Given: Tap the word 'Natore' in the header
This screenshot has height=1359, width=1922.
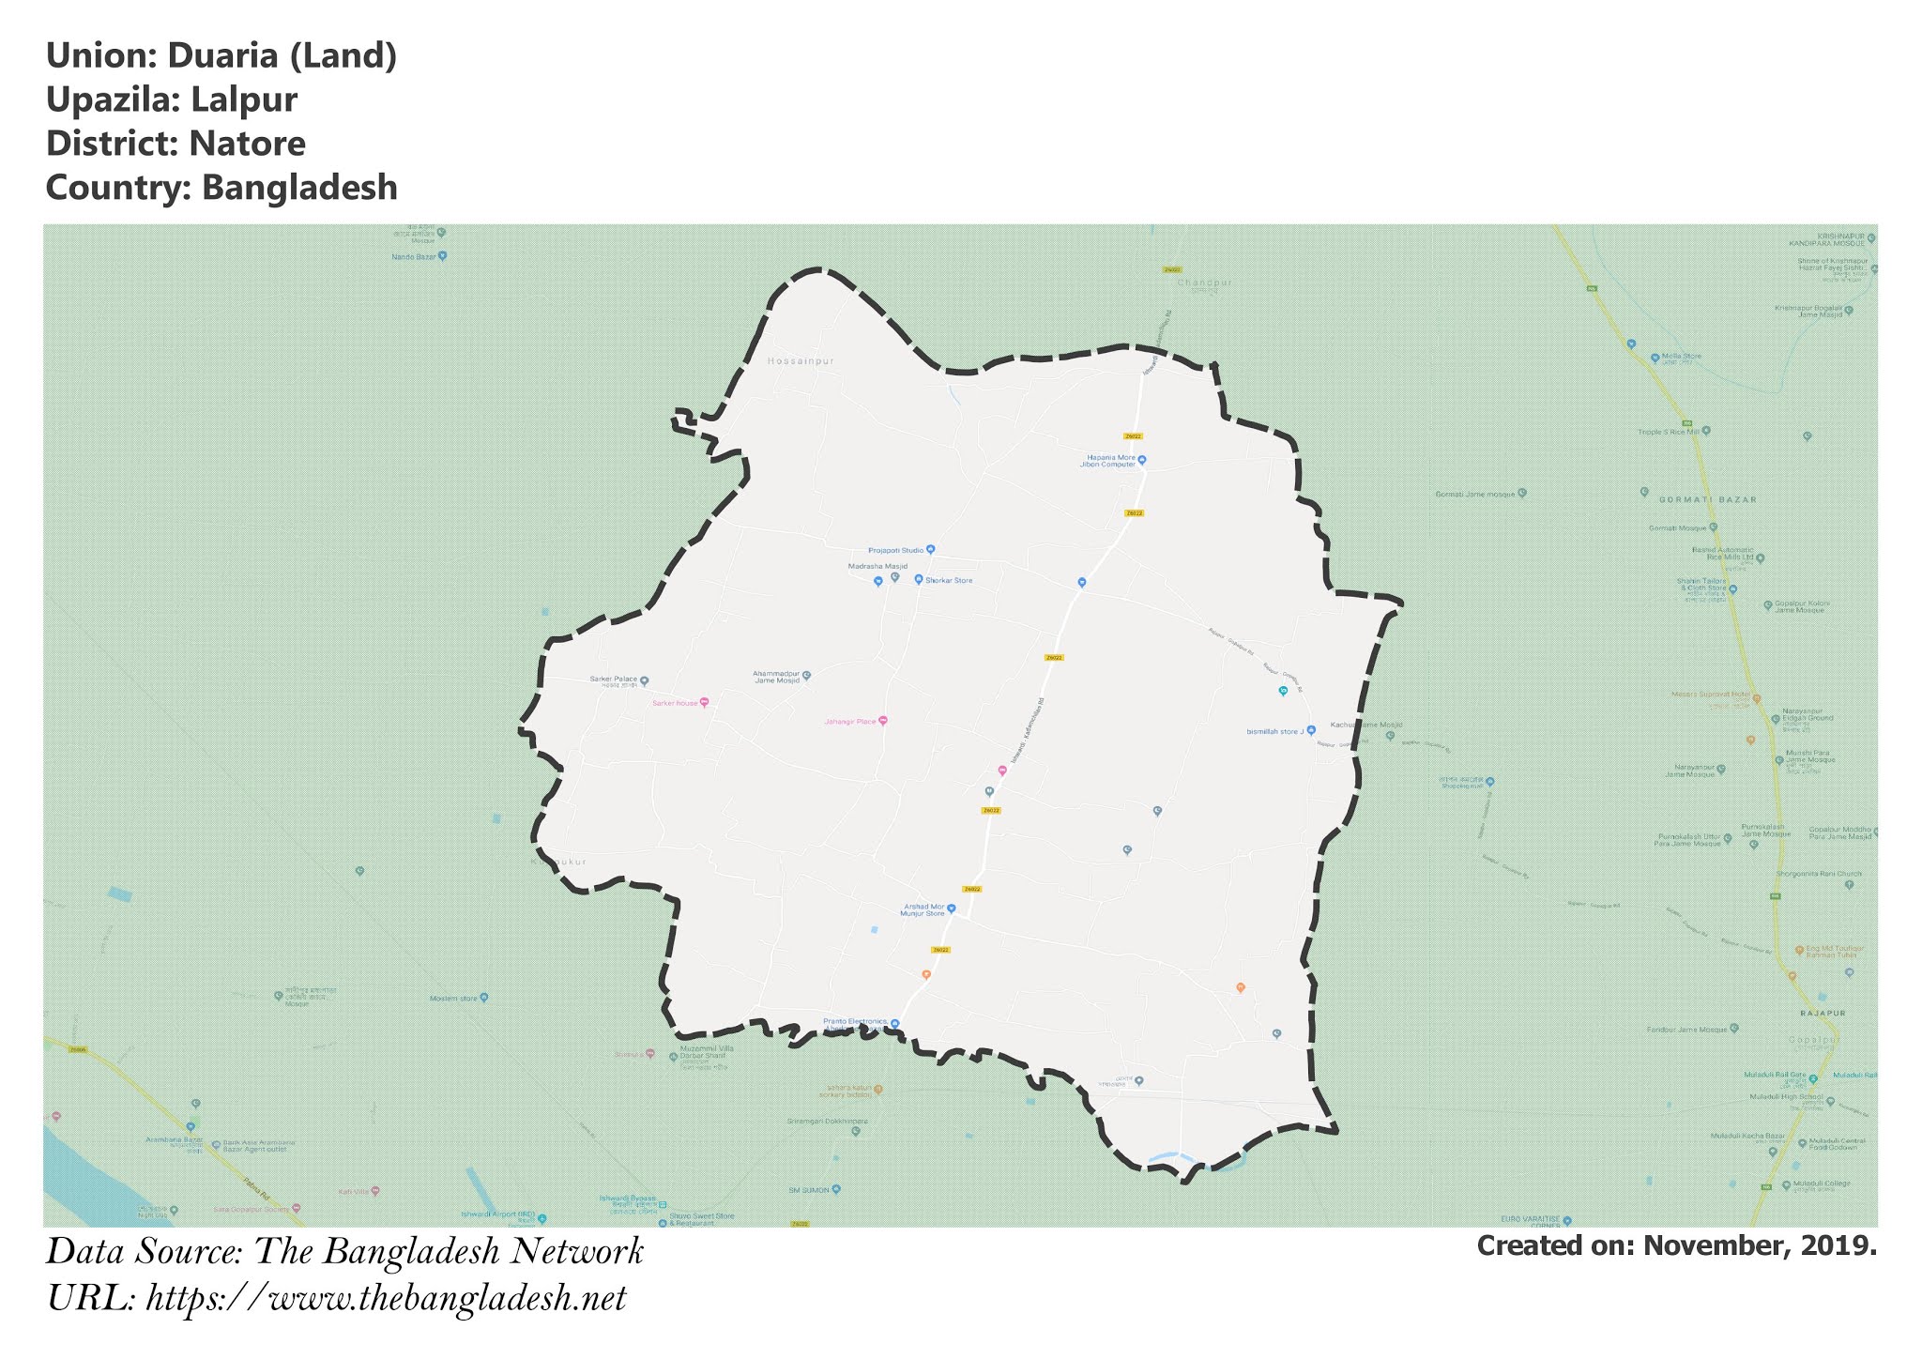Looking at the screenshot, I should tap(247, 144).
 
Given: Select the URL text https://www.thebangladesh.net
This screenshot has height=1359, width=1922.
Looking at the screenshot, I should tap(386, 1299).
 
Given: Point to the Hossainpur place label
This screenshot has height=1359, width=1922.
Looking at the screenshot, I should tap(800, 361).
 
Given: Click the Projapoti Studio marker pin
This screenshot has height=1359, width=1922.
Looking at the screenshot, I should tap(930, 550).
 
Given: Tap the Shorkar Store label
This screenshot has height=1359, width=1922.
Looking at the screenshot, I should tap(949, 581).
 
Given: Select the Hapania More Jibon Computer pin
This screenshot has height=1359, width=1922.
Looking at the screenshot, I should tap(1142, 460).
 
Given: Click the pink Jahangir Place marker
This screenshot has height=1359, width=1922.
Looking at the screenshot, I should tap(882, 721).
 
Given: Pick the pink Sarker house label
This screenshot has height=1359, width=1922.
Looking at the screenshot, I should tap(675, 703).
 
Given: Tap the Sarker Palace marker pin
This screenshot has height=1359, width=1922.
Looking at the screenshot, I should tap(644, 680).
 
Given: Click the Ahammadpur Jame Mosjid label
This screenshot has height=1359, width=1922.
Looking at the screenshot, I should tap(776, 677).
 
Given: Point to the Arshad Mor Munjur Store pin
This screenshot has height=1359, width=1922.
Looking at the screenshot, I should tap(951, 909).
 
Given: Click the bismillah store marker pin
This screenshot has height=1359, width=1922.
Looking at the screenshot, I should tap(1311, 730).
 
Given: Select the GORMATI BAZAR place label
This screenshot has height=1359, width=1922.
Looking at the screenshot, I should tap(1694, 500).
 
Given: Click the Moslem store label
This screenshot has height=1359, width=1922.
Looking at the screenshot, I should tap(453, 999).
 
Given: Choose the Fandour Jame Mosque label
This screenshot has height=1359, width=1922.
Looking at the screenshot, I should tap(1686, 1030).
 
